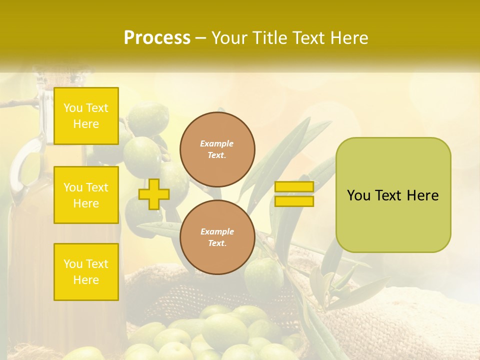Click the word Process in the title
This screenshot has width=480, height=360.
pos(157,38)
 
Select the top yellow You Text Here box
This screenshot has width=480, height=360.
pos(86,116)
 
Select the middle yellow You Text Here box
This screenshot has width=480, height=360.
pos(86,195)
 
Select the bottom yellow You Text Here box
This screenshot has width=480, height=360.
pos(86,272)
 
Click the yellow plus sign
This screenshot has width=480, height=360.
pos(153,194)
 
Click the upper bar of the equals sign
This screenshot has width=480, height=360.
pos(294,186)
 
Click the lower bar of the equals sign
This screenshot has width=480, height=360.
pos(294,201)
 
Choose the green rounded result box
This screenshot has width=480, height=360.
pos(393,220)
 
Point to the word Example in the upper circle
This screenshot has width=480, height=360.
pos(217,143)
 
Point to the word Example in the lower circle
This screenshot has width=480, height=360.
pos(217,231)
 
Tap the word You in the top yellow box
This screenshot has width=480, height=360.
pos(72,108)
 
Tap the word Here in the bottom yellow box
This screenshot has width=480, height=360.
pos(86,280)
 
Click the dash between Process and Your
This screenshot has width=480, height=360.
pos(201,38)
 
